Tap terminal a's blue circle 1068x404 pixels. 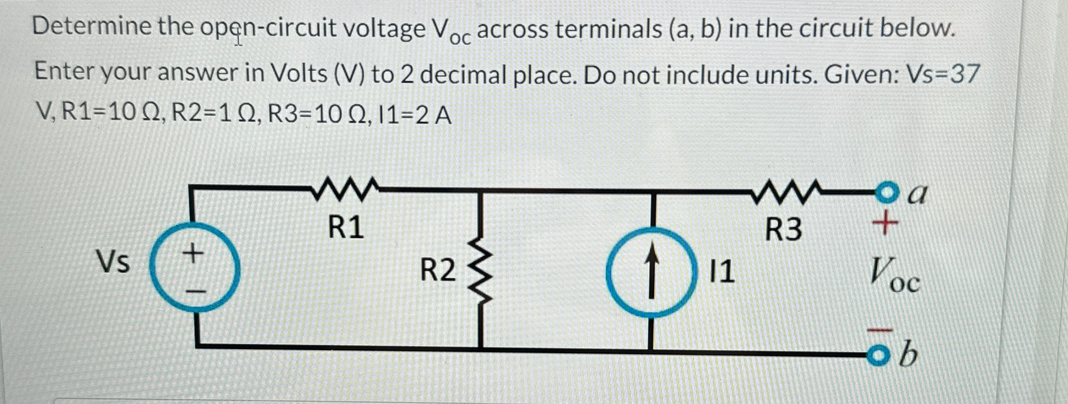click(886, 191)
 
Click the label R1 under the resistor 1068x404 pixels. click(346, 227)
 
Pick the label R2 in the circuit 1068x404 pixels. click(438, 270)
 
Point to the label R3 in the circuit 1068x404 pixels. click(784, 230)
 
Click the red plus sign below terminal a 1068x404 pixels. click(885, 224)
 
